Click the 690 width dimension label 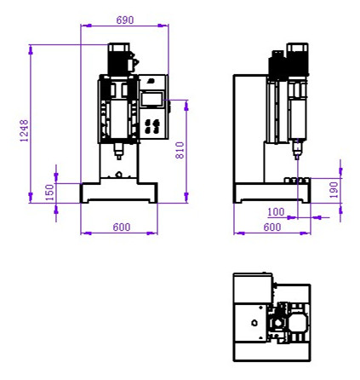coord(125,20)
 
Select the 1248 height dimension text coord(25,130)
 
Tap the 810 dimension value coord(180,150)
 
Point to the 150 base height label coord(49,193)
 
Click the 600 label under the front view coord(122,227)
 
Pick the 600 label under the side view coord(272,227)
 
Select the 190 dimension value coord(334,190)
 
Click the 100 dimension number coord(276,212)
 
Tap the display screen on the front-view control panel coord(151,99)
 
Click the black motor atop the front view coord(119,59)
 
